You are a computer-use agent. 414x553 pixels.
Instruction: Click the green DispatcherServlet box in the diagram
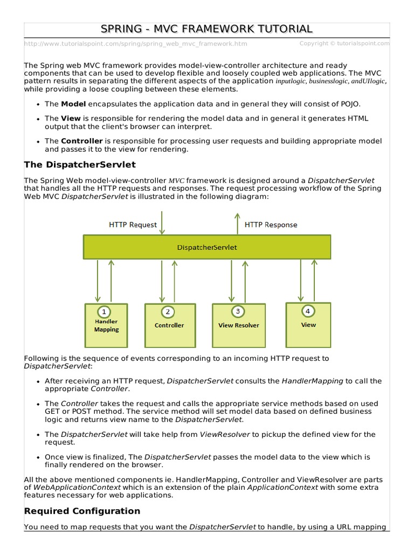click(x=206, y=247)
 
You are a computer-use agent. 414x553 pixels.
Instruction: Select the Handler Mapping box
click(x=106, y=325)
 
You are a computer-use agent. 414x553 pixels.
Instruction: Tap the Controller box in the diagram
click(x=169, y=325)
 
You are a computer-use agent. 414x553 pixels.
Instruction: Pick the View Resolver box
click(x=238, y=325)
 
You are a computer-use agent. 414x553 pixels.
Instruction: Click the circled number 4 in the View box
click(x=307, y=311)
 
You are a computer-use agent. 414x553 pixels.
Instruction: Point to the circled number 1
click(x=103, y=312)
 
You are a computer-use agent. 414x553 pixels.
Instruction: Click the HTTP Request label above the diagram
click(x=133, y=225)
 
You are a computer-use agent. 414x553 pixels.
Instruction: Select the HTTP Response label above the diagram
click(x=271, y=225)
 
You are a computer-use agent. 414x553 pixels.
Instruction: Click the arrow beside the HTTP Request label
click(x=162, y=223)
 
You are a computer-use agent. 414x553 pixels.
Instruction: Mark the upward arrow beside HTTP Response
click(x=236, y=223)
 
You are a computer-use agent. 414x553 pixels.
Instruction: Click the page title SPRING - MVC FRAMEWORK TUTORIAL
click(x=206, y=29)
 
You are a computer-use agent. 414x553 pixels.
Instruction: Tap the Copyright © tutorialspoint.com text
click(x=344, y=44)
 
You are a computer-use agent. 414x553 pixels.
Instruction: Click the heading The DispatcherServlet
click(x=80, y=164)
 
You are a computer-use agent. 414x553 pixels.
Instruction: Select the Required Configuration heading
click(x=82, y=511)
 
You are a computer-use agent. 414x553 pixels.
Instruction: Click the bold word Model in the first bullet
click(x=73, y=104)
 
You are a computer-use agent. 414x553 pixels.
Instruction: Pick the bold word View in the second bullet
click(x=70, y=118)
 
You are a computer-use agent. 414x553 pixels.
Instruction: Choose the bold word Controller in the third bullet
click(x=82, y=141)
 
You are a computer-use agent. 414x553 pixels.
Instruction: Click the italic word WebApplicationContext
click(x=69, y=487)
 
